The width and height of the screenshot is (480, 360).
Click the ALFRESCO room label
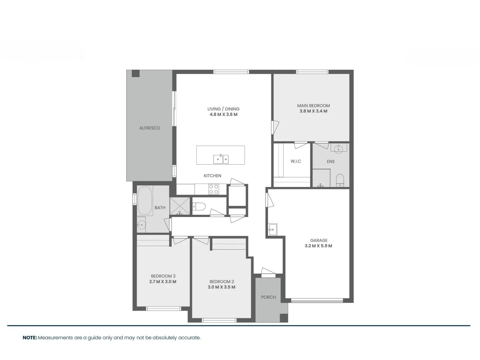(x=150, y=128)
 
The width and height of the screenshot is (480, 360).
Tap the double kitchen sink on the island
(x=221, y=159)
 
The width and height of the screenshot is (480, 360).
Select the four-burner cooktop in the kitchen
(x=214, y=189)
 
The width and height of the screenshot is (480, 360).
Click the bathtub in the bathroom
(x=145, y=201)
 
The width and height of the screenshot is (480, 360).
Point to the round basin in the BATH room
(x=141, y=225)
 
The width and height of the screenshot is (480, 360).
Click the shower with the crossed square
(x=180, y=206)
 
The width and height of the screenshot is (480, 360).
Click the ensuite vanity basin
(x=338, y=148)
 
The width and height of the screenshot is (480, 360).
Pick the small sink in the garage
(x=273, y=229)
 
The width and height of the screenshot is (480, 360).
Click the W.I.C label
(x=296, y=161)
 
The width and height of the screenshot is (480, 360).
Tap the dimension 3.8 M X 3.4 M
(x=313, y=111)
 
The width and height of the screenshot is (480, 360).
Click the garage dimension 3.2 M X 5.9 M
(x=318, y=246)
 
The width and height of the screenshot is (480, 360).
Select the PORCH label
(x=268, y=297)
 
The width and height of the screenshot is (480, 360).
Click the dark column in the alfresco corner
(x=136, y=73)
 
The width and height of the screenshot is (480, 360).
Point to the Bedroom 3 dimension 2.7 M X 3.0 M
(x=163, y=282)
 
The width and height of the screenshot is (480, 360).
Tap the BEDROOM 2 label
(x=222, y=282)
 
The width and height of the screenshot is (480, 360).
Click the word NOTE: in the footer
(x=30, y=338)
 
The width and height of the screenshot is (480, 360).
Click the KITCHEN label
(x=212, y=176)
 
